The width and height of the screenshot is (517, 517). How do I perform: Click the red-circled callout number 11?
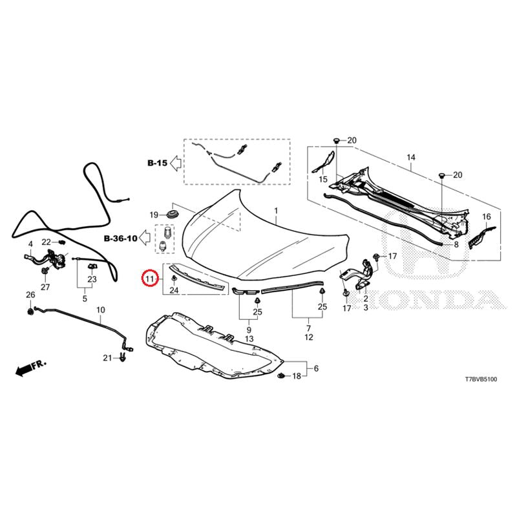click(x=150, y=279)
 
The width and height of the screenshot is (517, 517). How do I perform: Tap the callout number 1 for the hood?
click(x=276, y=211)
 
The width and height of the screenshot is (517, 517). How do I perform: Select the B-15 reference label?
click(x=157, y=163)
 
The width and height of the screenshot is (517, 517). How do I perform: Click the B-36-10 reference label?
click(x=121, y=238)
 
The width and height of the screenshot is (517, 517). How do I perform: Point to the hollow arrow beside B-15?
click(x=175, y=163)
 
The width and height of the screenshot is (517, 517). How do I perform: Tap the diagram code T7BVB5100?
click(x=481, y=379)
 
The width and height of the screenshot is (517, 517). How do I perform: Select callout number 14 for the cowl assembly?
click(x=411, y=157)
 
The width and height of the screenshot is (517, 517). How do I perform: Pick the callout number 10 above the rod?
click(x=101, y=310)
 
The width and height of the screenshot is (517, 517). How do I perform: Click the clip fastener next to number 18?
click(x=281, y=375)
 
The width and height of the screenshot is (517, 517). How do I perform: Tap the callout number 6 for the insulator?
click(x=316, y=368)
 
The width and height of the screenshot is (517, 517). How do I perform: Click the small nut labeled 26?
click(x=30, y=311)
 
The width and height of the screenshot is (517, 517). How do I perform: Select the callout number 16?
click(x=487, y=216)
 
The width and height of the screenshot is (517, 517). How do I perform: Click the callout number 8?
click(x=456, y=245)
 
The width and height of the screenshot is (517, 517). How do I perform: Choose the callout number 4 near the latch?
click(x=30, y=244)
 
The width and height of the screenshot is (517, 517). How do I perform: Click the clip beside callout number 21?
click(x=123, y=357)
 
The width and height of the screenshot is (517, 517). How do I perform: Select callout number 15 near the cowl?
click(x=323, y=179)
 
